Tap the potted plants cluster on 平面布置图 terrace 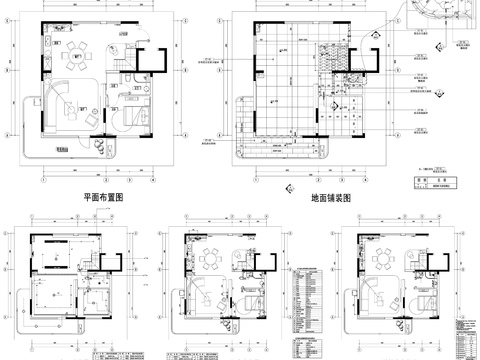[x=101, y=142]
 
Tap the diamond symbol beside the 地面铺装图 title [x=289, y=187]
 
